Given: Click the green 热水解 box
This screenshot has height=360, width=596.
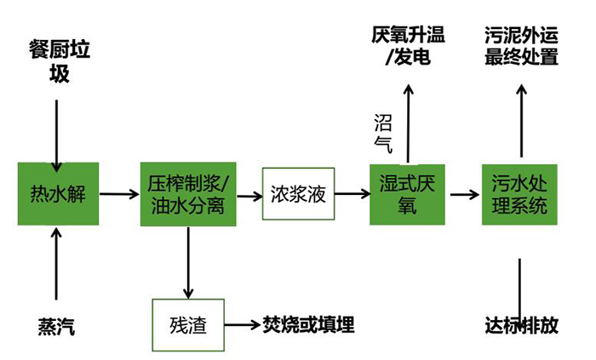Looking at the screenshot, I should pyautogui.click(x=58, y=194).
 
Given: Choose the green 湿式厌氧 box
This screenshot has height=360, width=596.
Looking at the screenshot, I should pyautogui.click(x=407, y=194).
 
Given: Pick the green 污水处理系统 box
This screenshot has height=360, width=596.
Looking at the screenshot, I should pyautogui.click(x=519, y=194).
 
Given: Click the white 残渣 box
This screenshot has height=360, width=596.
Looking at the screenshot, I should pyautogui.click(x=188, y=325).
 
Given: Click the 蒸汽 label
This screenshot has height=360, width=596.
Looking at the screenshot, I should pyautogui.click(x=56, y=327).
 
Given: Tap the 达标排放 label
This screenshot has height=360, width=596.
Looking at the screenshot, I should pyautogui.click(x=521, y=326).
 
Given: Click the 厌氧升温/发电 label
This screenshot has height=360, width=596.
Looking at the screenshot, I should pyautogui.click(x=408, y=46).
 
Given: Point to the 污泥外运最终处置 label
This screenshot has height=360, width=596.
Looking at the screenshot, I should pyautogui.click(x=521, y=46).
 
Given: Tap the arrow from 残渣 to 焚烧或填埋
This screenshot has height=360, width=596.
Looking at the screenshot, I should pyautogui.click(x=242, y=325).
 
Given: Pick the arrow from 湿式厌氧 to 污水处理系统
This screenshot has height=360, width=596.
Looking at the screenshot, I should pyautogui.click(x=464, y=194).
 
